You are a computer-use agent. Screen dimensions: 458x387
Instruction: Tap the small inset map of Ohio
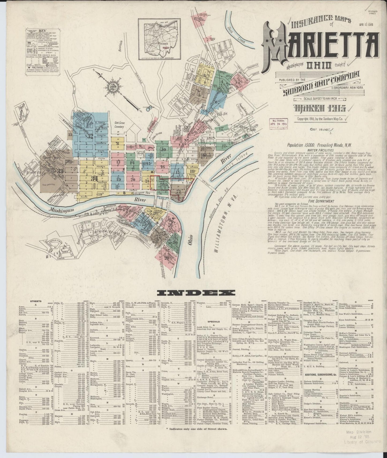coord(158,39)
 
